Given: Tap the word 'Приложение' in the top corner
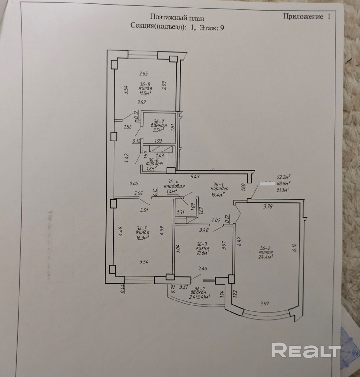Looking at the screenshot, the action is [x=303, y=16].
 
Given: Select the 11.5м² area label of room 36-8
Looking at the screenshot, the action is [x=146, y=93].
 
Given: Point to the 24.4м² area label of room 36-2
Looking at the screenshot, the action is [x=265, y=256].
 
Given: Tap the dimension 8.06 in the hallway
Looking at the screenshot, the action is [x=134, y=184].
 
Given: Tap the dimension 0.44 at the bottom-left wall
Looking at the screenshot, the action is [x=123, y=288].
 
